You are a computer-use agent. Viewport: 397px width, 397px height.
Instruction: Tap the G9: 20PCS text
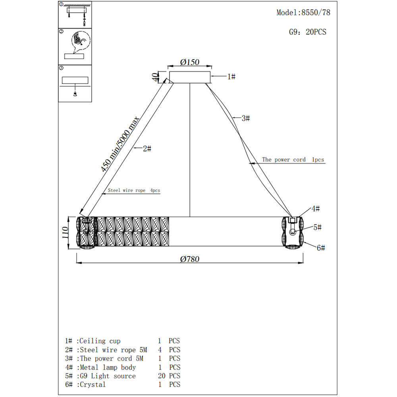(307, 32)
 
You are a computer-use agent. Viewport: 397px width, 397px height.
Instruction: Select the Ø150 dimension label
(189, 62)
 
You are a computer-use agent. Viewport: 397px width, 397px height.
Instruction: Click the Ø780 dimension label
(189, 259)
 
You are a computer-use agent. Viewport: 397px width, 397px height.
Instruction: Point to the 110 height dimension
(66, 233)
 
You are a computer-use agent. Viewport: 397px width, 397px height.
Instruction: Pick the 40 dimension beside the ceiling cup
(155, 77)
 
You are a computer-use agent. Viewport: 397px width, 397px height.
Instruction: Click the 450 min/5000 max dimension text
(120, 144)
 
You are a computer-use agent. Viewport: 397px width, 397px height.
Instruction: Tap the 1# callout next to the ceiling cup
(231, 76)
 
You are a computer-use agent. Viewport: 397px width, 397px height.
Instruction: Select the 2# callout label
(147, 148)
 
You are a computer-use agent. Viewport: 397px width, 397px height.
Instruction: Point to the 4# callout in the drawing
(316, 208)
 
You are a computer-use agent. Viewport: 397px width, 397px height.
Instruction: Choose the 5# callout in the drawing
(317, 227)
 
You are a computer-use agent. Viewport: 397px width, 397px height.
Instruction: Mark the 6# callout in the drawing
(321, 248)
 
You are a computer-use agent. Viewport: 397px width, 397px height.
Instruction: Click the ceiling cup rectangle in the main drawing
(189, 77)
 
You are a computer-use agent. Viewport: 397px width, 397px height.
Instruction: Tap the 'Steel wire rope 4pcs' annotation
(134, 191)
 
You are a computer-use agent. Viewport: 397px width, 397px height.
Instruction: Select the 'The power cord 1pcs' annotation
(293, 160)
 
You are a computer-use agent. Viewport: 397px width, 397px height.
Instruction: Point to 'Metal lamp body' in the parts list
(108, 367)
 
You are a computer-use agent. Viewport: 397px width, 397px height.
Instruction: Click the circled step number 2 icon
(62, 31)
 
